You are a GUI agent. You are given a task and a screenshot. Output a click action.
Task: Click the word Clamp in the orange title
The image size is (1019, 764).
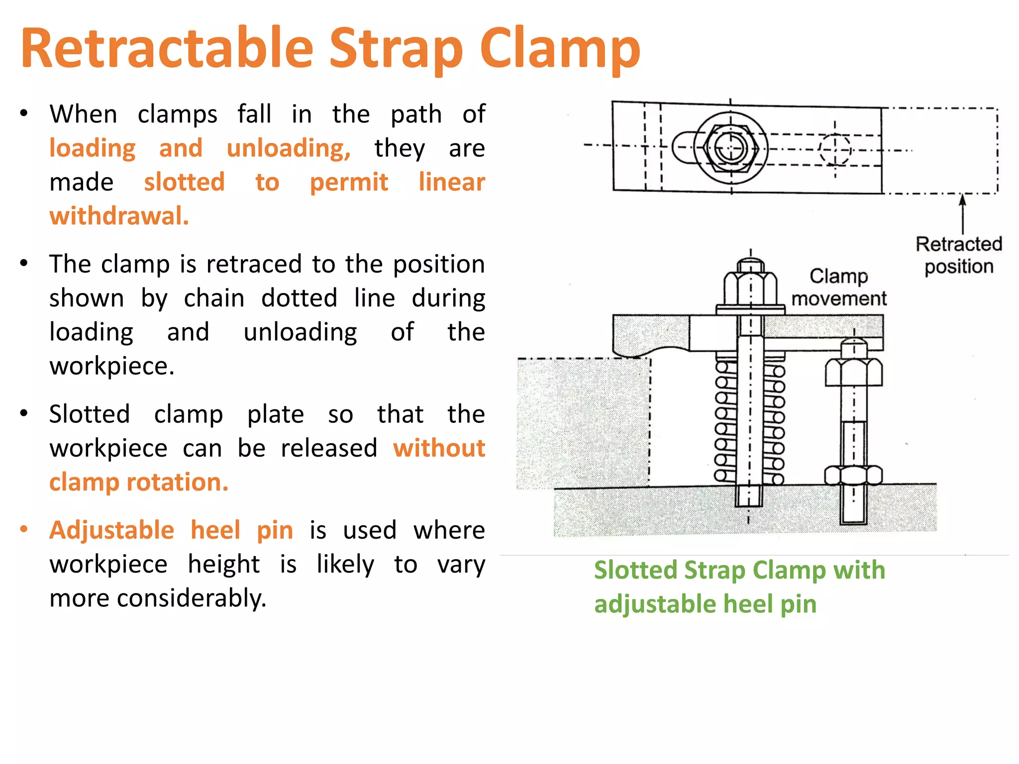560,49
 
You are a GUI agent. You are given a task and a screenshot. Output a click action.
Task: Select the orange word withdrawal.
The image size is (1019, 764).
119,216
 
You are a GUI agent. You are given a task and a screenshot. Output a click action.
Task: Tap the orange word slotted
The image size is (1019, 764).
184,182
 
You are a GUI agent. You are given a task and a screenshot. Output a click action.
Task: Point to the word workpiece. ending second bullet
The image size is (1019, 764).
112,367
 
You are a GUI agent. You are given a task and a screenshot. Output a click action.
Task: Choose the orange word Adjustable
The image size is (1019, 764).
111,530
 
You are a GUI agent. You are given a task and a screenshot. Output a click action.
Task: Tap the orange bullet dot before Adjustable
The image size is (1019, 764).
24,529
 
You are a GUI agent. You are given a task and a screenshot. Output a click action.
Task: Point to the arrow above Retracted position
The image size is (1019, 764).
963,213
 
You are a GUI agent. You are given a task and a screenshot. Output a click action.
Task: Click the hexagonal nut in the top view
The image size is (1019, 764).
731,148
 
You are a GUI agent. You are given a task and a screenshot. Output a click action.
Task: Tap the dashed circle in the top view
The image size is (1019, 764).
835,149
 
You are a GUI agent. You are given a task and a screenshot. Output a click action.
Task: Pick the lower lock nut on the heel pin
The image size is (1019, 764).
853,475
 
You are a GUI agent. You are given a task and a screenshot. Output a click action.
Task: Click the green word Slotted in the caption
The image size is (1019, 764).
635,571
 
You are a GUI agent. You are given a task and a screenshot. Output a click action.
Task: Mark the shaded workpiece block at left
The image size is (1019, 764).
582,423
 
